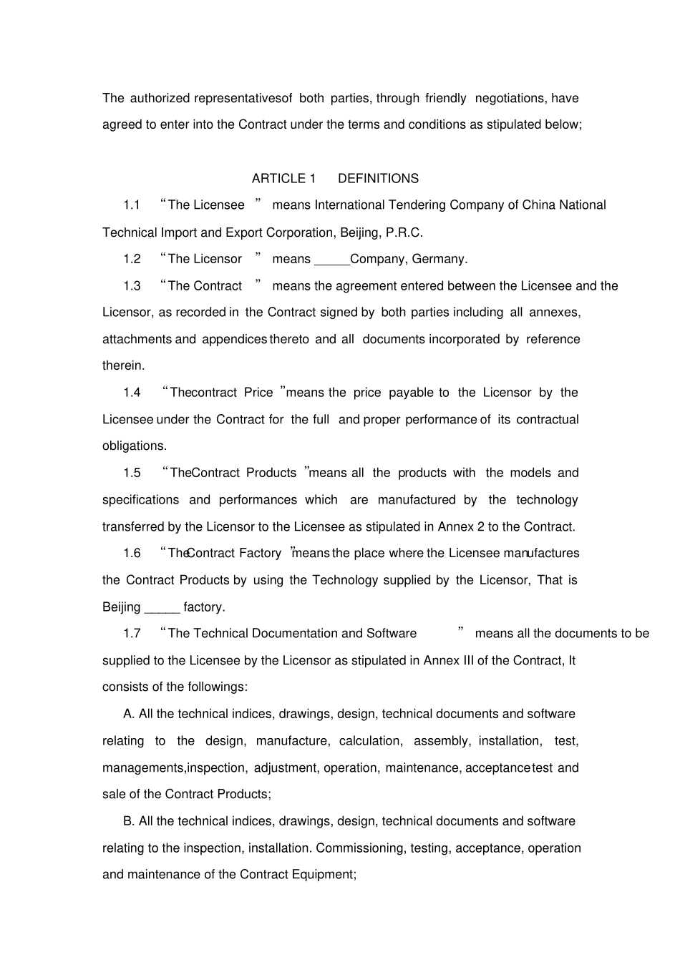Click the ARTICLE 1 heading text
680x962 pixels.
(x=283, y=179)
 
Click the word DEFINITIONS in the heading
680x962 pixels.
(x=378, y=179)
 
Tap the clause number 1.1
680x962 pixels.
(x=132, y=205)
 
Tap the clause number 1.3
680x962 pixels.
(x=132, y=286)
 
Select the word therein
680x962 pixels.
(x=123, y=365)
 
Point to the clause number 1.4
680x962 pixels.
(x=132, y=393)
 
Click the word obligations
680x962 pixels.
(x=134, y=446)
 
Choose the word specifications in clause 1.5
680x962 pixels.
(x=140, y=500)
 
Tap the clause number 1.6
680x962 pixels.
(x=132, y=554)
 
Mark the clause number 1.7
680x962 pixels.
(x=132, y=634)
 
